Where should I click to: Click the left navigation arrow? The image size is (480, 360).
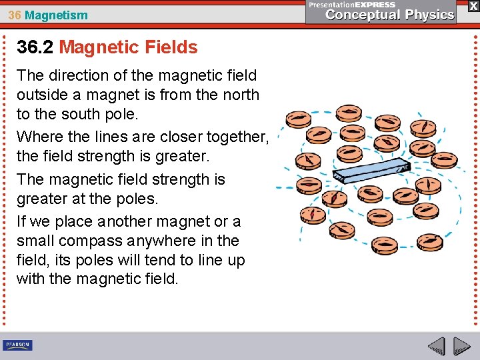point(437,347)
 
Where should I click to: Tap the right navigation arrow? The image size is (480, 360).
point(461,347)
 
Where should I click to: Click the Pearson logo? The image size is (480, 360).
point(17,345)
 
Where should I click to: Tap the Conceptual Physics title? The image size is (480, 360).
point(390,15)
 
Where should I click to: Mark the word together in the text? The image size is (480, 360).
point(236,137)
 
